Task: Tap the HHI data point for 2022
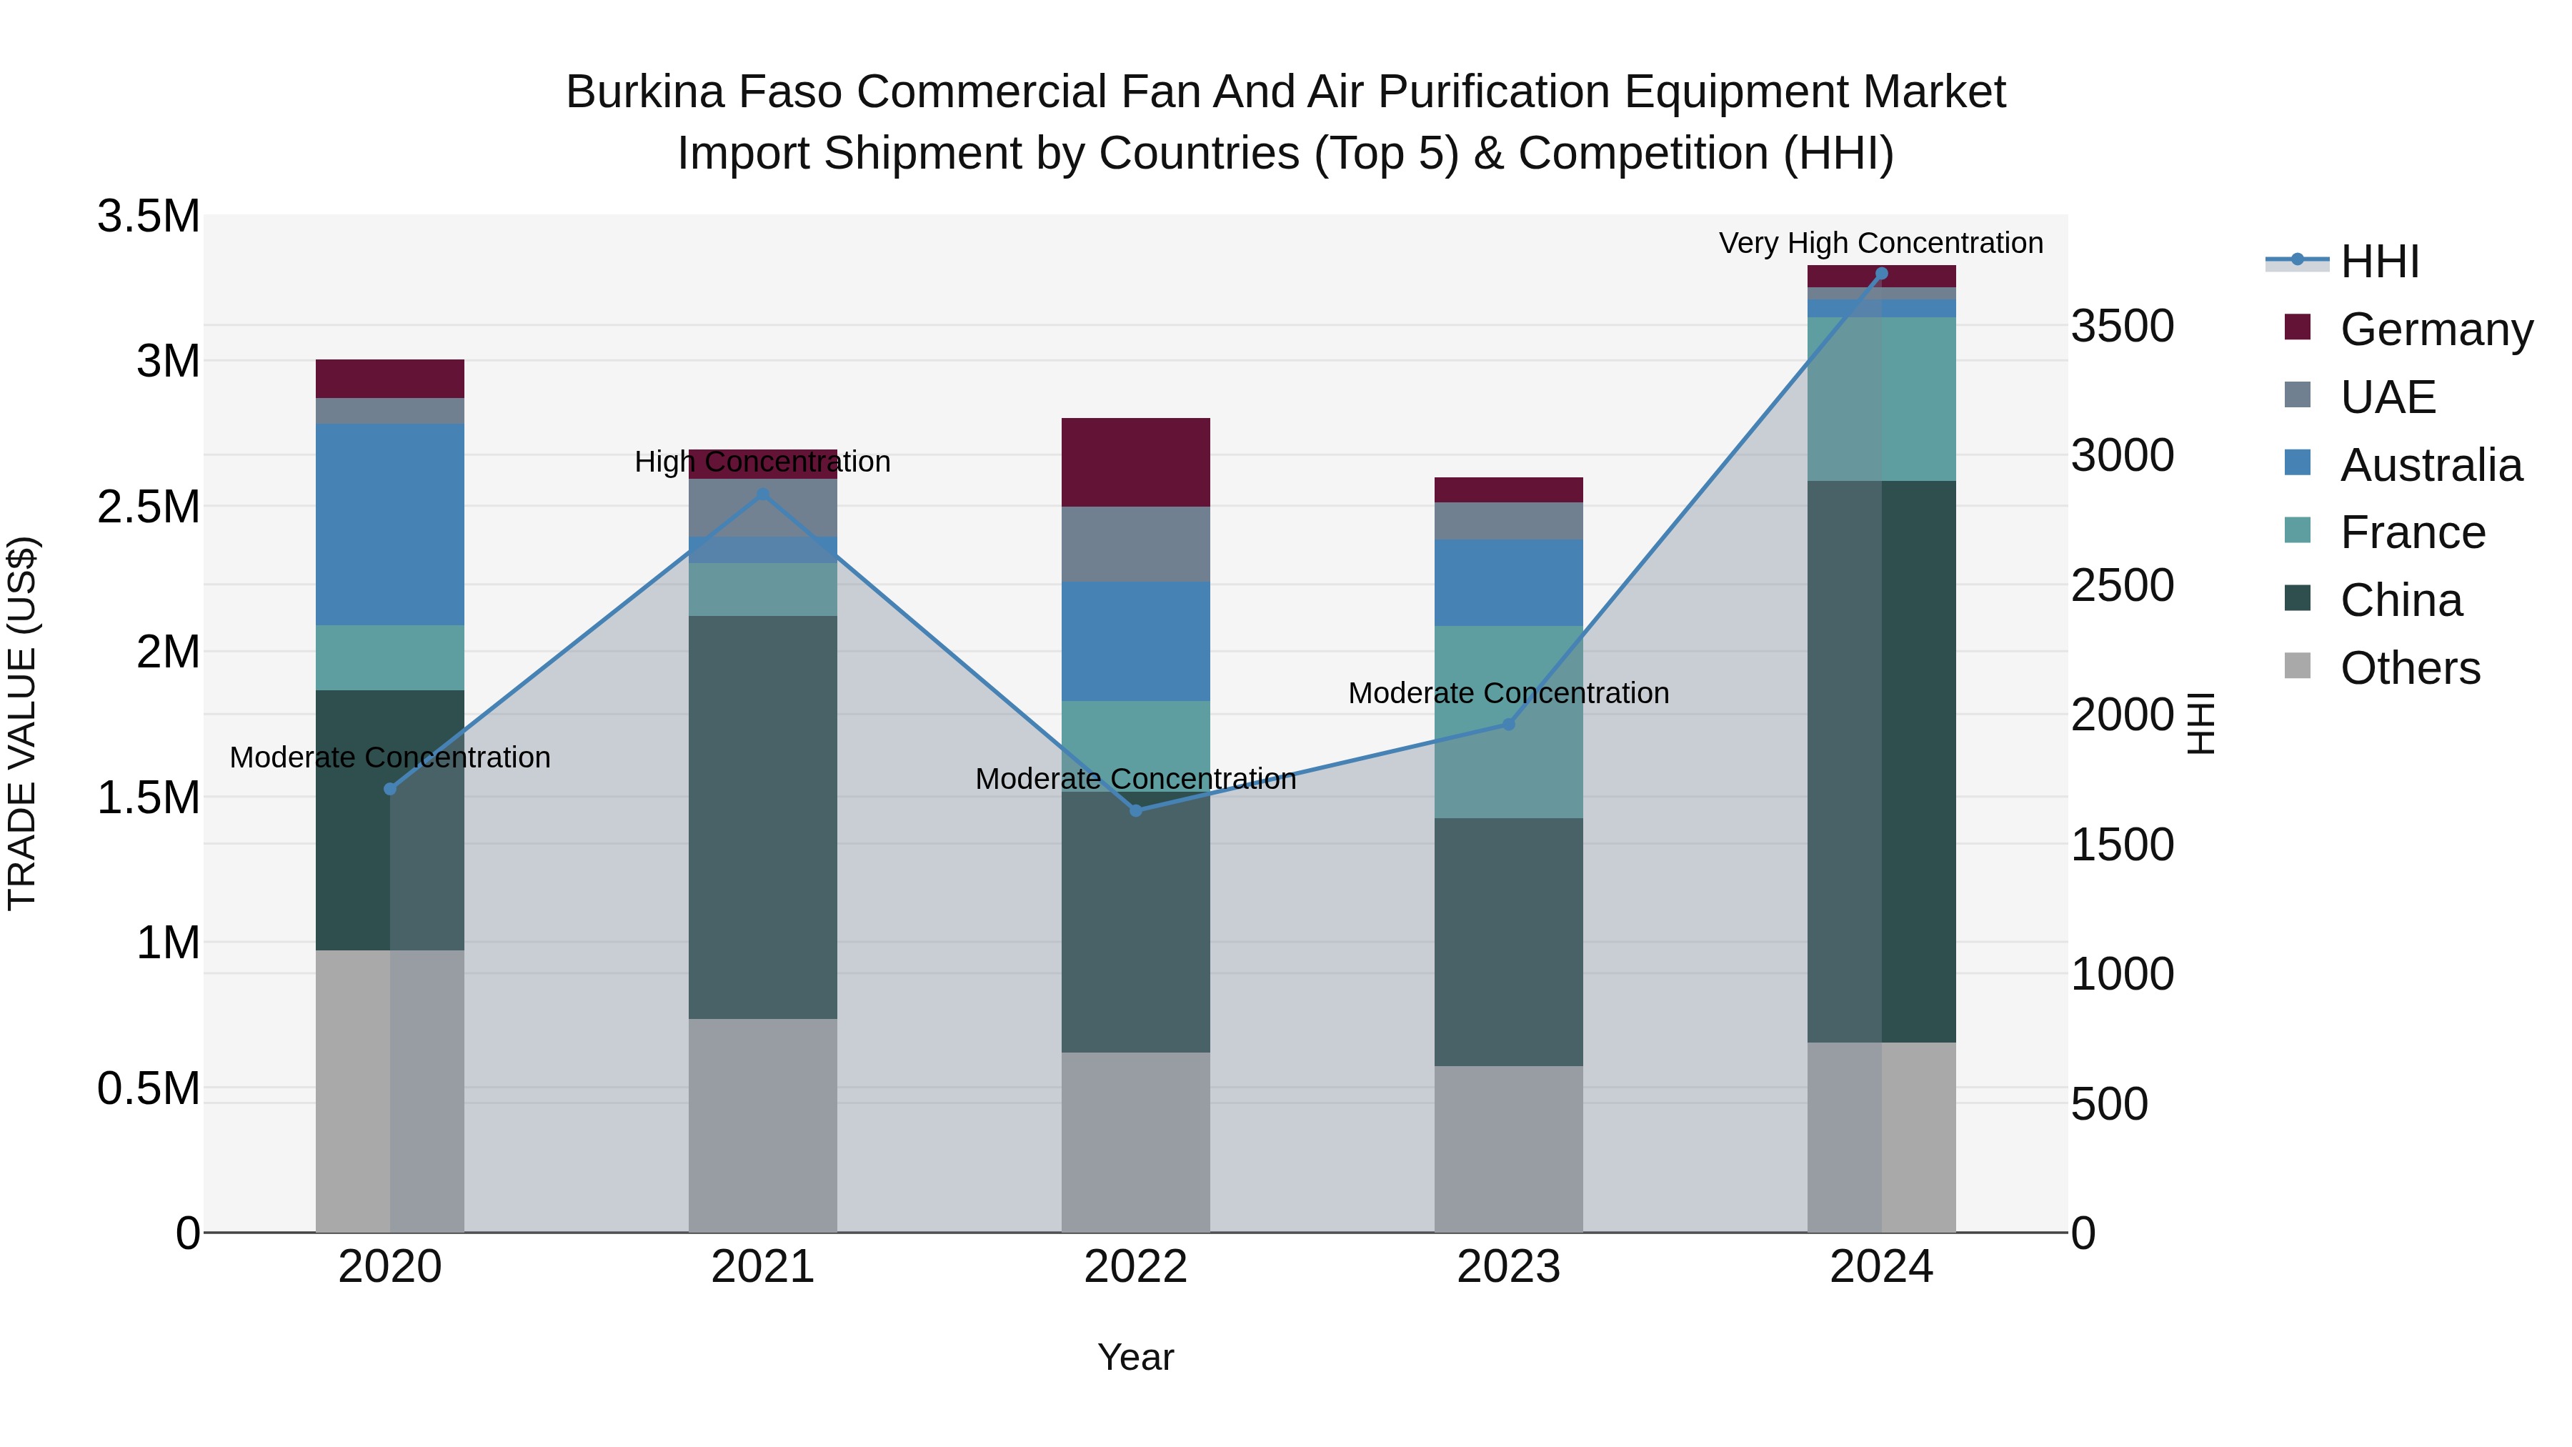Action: (1135, 810)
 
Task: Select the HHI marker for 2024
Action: (1881, 274)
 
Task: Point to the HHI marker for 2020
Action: (390, 789)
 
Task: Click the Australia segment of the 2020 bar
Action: (390, 524)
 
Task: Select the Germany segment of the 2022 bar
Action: (1135, 462)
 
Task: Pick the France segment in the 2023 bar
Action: (1509, 722)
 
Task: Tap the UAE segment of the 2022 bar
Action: (1135, 545)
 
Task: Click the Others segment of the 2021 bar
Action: (763, 1125)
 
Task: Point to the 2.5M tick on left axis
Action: (149, 507)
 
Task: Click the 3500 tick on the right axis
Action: (2122, 327)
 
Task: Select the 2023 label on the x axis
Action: (1509, 1267)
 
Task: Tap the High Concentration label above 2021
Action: (763, 462)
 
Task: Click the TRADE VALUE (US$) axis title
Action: (22, 724)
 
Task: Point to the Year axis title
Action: (1135, 1357)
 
